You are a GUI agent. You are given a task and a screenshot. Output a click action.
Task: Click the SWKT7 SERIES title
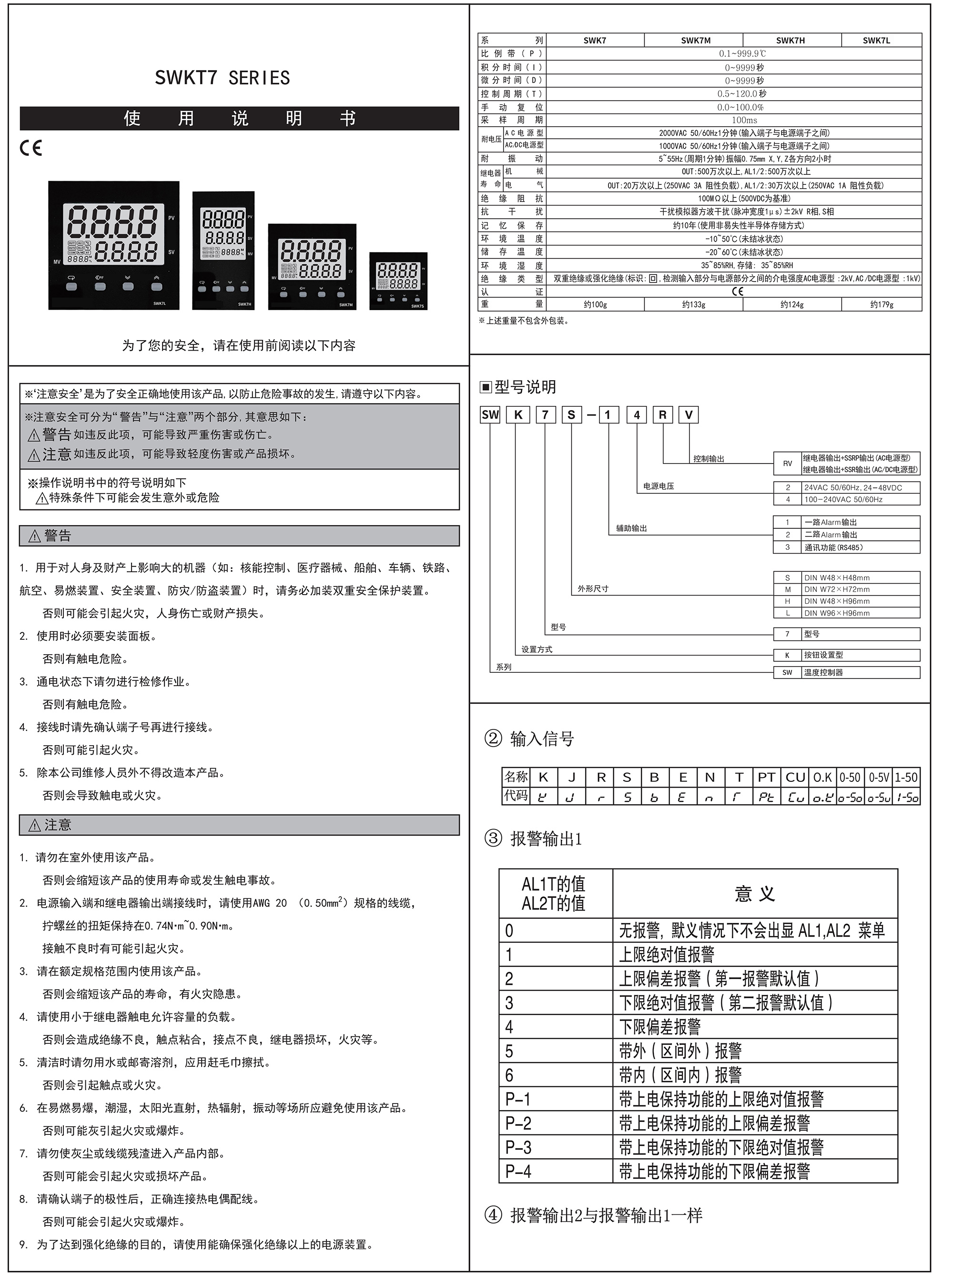[x=222, y=78]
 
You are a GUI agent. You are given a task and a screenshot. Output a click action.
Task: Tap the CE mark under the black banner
[x=30, y=148]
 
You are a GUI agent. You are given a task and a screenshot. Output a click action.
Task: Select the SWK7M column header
[x=695, y=40]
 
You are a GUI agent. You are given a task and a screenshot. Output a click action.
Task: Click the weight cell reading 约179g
[x=882, y=304]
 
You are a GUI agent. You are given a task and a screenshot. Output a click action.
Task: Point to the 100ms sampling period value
[x=744, y=120]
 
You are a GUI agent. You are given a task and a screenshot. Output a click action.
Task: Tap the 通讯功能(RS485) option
[x=833, y=547]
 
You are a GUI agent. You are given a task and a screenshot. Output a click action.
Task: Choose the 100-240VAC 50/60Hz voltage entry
[x=843, y=499]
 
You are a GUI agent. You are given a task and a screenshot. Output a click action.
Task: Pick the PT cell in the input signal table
[x=766, y=778]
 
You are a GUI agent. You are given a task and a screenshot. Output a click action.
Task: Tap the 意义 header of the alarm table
[x=755, y=894]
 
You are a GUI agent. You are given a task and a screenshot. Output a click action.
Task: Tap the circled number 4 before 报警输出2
[x=493, y=1216]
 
